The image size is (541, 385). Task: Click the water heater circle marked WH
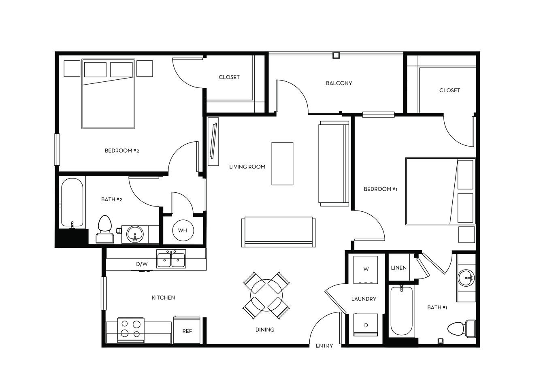coord(183,230)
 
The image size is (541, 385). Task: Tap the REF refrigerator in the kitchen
coord(187,330)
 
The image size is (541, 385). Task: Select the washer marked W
coord(365,270)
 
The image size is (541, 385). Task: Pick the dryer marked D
coord(365,325)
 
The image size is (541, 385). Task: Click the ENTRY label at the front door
coord(324,346)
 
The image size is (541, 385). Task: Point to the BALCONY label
coord(339,83)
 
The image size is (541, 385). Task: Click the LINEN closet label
coord(399,268)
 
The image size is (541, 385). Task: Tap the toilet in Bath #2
coord(105,229)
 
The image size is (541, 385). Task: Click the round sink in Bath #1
coord(466,278)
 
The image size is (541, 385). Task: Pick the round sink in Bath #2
coord(135,234)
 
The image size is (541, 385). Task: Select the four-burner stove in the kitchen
coord(131,330)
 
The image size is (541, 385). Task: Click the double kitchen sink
coord(171,259)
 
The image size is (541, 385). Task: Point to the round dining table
coord(266,295)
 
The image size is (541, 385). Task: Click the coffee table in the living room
coord(282,164)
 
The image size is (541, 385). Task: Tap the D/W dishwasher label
coord(142,264)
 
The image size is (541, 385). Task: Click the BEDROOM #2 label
coord(122,151)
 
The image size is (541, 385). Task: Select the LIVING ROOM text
coord(247,167)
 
